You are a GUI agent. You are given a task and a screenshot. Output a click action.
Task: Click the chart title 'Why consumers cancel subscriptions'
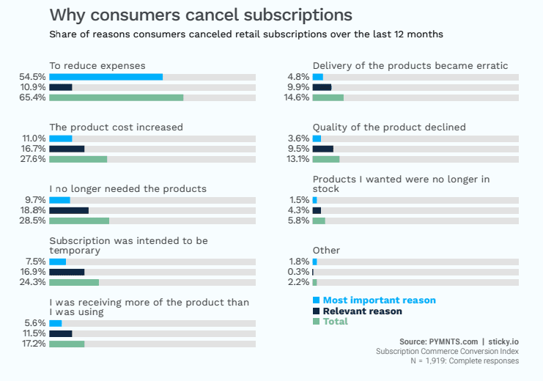coord(200,15)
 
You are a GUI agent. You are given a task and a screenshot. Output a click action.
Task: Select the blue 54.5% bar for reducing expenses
coord(106,77)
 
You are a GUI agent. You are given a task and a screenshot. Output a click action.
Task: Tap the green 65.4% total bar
coord(116,97)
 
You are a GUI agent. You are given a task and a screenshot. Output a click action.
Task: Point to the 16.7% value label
coord(34,149)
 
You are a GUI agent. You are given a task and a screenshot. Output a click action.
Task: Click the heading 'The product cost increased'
coord(116,127)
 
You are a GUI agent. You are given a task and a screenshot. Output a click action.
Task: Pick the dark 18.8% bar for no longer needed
coord(69,210)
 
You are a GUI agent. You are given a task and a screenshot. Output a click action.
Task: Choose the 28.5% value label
coord(34,221)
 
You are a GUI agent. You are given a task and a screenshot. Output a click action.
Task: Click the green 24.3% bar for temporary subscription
coord(74,282)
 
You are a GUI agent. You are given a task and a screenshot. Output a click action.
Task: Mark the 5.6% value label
coord(36,323)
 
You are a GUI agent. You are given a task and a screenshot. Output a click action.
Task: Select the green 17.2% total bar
coord(67,344)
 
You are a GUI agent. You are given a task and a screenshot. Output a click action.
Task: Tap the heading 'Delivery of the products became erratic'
coord(410,66)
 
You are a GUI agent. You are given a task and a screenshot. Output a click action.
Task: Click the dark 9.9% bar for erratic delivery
coord(322,87)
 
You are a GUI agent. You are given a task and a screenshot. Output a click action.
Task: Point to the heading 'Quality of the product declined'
coord(388,127)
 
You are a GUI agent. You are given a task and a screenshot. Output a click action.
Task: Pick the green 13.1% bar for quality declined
coord(326,159)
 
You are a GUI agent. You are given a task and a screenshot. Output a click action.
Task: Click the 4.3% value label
coord(299,210)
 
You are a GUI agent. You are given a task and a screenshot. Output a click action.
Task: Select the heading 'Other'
coord(326,251)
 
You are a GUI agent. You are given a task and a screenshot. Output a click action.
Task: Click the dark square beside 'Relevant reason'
coord(316,311)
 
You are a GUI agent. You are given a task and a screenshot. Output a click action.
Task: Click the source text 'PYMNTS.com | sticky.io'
coord(459,341)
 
